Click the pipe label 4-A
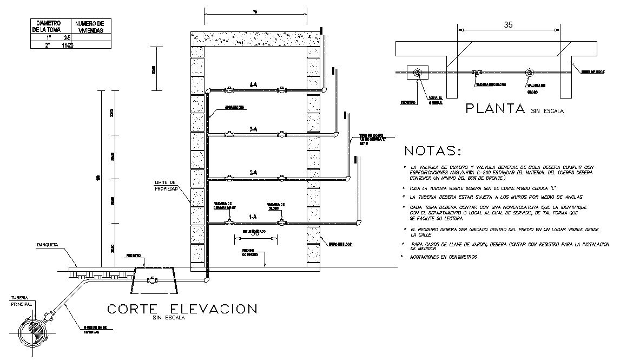pos(253,85)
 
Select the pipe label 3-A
pos(253,129)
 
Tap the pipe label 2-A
pos(253,173)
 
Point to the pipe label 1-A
pos(253,217)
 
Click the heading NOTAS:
pos(433,150)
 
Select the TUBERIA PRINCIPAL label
pos(22,301)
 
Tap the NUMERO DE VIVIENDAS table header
pos(89,27)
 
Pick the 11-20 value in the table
pos(68,46)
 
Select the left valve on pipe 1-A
pos(229,222)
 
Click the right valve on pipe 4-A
pos(280,90)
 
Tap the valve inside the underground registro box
pos(153,280)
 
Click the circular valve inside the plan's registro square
pos(417,73)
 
